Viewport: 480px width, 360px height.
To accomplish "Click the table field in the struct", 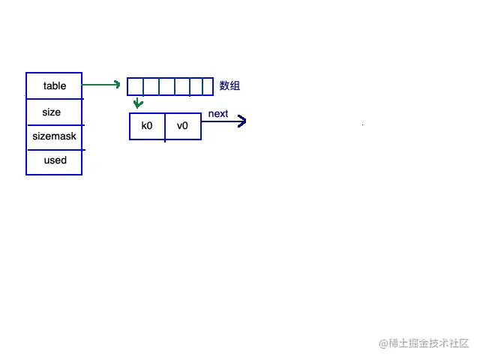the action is coord(54,85).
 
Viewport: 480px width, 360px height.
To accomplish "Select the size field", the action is coord(52,112).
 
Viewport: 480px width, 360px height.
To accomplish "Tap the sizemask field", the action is coord(54,136).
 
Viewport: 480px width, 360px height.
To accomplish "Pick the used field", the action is coord(55,160).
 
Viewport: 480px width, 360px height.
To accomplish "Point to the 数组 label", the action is coord(229,86).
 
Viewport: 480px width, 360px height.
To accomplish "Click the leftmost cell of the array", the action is coord(135,86).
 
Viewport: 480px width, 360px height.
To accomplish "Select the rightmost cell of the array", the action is coord(208,86).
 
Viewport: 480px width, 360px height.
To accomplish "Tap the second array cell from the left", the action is coord(151,86).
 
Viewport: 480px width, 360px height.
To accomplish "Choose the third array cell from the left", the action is coord(166,86).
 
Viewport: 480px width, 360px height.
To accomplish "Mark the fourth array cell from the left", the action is coord(182,86).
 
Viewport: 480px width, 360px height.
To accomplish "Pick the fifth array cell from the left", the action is coord(196,86).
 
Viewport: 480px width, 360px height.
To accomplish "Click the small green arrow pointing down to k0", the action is coord(138,103).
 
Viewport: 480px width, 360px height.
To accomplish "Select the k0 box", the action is coord(147,126).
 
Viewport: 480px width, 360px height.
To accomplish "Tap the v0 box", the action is coord(182,126).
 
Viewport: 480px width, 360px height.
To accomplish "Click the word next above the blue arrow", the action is coord(218,114).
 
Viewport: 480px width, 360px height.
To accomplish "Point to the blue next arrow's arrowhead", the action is coord(242,121).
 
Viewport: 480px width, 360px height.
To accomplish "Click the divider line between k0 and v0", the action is coord(165,126).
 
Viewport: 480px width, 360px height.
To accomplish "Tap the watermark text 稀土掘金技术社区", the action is coord(428,343).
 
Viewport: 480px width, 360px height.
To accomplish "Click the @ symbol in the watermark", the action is coord(382,343).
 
